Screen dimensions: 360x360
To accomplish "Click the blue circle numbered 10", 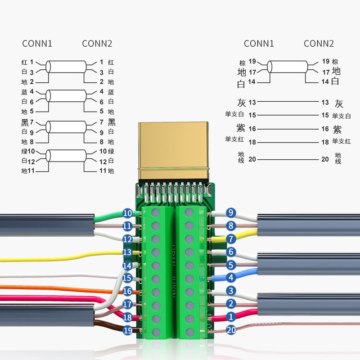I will click(127, 213).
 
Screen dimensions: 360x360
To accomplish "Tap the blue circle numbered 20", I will click(231, 330).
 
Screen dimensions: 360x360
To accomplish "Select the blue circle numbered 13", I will click(127, 252).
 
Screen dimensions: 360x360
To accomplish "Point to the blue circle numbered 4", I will click(231, 278).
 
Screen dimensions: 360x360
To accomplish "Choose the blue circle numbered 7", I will click(231, 238).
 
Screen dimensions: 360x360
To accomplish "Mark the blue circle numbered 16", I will click(127, 291).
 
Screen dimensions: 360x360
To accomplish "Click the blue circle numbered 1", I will click(231, 317).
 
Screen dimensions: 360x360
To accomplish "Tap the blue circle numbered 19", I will click(127, 330).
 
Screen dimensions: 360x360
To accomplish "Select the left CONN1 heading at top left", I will click(37, 44).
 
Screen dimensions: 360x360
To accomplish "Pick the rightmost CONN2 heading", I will click(319, 44).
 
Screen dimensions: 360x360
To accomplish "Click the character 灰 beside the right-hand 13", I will click(339, 103).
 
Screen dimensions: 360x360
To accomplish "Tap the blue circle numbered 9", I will click(231, 212).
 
